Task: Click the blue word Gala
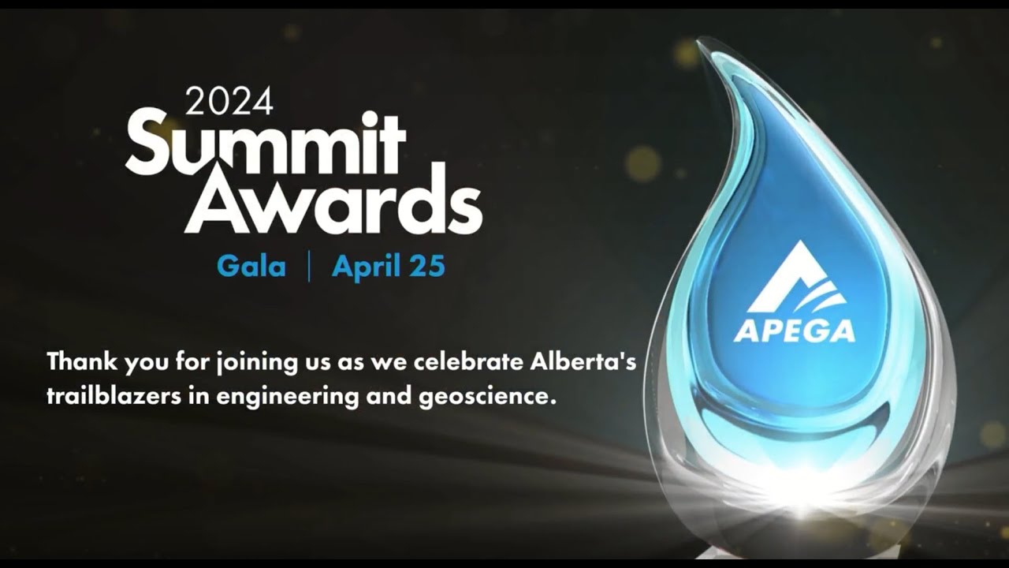(251, 267)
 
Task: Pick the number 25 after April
(428, 267)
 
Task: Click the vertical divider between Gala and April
(308, 267)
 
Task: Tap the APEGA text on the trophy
(794, 330)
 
